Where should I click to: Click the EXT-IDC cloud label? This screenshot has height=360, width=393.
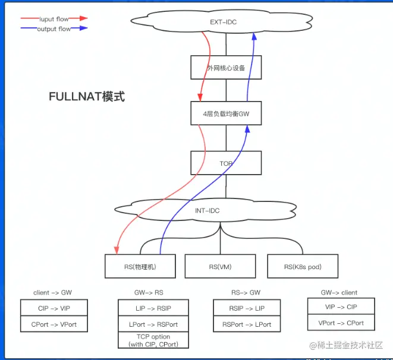[224, 23]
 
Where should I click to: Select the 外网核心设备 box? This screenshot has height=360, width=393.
[226, 67]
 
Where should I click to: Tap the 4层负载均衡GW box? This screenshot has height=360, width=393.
[226, 113]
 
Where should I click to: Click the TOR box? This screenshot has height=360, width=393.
[226, 163]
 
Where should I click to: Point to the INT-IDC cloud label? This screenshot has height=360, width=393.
[208, 211]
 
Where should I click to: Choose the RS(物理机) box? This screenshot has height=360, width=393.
[140, 266]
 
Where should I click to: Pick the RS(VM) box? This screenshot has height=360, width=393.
[220, 266]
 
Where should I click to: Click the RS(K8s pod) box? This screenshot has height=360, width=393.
[303, 266]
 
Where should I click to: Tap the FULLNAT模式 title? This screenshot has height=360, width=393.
[87, 96]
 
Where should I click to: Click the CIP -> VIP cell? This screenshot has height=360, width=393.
[54, 308]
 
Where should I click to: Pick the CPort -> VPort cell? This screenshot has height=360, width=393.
[54, 324]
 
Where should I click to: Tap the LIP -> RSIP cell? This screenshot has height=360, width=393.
[153, 308]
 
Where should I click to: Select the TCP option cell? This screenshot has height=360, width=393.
[153, 340]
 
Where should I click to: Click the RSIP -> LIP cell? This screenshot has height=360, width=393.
[247, 308]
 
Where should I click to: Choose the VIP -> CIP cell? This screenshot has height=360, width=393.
[341, 307]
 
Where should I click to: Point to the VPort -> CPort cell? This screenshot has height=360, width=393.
[341, 323]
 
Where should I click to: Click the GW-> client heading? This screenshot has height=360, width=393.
[340, 292]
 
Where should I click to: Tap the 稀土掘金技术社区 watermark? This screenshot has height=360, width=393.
[346, 345]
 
